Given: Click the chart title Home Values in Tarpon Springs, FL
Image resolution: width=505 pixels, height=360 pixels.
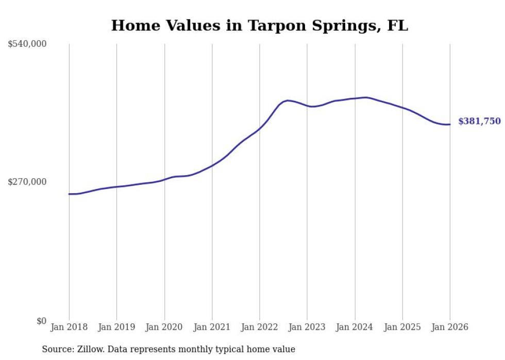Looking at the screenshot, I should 259,25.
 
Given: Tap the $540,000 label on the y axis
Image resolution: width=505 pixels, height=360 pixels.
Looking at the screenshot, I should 27,44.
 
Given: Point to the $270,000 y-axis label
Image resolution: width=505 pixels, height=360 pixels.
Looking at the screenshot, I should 27,182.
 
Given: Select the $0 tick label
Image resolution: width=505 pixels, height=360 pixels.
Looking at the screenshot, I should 41,321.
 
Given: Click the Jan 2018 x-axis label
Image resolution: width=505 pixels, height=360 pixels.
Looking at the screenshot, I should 69,327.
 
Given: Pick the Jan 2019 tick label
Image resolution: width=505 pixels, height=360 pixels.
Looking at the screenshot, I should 116,327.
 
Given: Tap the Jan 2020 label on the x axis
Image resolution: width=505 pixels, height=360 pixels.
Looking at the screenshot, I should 164,327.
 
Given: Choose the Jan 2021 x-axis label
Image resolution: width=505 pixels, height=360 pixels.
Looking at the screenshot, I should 212,327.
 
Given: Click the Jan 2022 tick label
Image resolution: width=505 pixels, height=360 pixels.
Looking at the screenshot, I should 260,327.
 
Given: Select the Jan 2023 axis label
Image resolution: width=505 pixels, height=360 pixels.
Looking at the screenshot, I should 307,327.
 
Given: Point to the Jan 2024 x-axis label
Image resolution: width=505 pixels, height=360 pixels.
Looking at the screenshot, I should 355,327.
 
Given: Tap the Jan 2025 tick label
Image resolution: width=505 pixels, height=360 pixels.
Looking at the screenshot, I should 402,327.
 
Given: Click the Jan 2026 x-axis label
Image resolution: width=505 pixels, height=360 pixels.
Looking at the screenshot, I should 450,327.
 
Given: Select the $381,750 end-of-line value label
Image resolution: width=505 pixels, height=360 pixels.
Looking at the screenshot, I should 479,122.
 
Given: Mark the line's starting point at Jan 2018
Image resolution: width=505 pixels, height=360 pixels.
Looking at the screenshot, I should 69,194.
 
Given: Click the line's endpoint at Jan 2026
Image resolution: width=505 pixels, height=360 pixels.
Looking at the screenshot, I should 450,124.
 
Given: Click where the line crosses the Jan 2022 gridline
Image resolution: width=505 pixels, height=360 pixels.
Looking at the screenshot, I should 260,128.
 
